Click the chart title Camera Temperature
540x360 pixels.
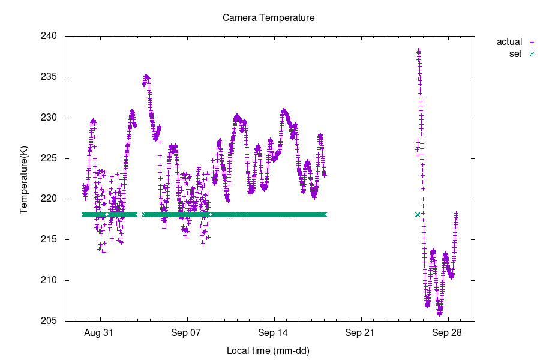(x=268, y=18)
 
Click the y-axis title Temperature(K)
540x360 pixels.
(x=24, y=179)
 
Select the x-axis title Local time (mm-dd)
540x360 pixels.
(x=268, y=350)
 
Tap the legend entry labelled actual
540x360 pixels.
(x=509, y=42)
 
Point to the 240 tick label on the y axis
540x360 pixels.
(x=49, y=36)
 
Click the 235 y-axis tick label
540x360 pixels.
(x=49, y=77)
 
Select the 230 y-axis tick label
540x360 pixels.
(x=49, y=118)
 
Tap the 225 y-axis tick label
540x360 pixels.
(x=49, y=158)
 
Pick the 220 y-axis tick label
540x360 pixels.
(x=49, y=199)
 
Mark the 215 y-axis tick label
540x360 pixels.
(x=49, y=239)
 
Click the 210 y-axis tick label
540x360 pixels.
(x=49, y=280)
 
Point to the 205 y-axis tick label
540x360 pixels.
(x=49, y=321)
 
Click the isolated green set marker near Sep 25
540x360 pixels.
(x=418, y=215)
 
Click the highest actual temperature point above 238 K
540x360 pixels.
(x=419, y=50)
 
